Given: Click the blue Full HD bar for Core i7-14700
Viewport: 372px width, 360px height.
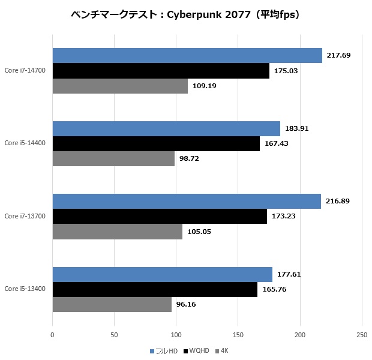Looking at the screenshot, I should [187, 55].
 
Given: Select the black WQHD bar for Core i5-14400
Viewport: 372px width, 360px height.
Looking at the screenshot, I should [156, 143].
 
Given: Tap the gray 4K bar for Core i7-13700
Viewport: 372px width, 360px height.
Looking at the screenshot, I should [118, 232].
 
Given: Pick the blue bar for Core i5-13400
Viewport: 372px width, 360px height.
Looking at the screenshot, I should [163, 274].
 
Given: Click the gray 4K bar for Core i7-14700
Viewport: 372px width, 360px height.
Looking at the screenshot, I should [120, 86].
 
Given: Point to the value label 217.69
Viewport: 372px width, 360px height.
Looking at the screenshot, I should [339, 55].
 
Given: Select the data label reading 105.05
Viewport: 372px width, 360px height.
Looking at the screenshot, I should [199, 232].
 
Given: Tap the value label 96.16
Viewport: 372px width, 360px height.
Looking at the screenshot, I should [186, 304].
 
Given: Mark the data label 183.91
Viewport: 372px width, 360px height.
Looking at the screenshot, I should [297, 128].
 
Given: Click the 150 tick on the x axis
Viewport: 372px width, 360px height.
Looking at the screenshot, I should [238, 334].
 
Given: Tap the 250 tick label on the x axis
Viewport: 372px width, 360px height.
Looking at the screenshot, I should [361, 334].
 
